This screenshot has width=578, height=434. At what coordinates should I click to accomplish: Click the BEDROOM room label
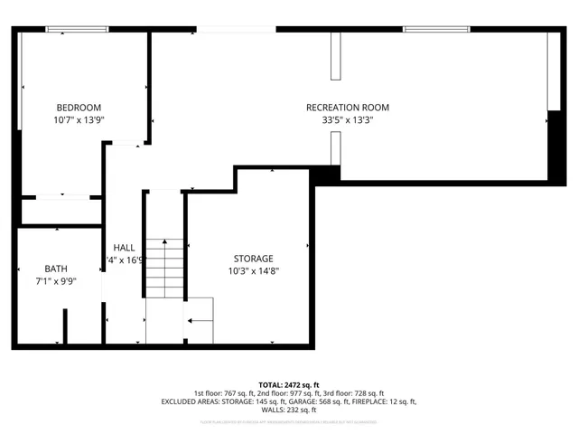pos(79,107)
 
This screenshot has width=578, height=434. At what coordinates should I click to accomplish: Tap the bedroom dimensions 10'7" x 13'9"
pos(79,119)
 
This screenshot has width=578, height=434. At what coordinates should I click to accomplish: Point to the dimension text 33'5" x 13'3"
pos(348,119)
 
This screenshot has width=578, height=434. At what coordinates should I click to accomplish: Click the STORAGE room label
pos(253,259)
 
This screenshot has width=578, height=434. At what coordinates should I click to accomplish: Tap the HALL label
pos(124,248)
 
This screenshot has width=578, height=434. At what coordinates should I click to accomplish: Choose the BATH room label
pos(55,269)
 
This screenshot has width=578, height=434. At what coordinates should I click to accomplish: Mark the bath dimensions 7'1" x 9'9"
pos(55,281)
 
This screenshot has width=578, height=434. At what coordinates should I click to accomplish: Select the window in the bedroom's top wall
pos(71,29)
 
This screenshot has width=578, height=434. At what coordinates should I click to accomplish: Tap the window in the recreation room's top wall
pos(430,29)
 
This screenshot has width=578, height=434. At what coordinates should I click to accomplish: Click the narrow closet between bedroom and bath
pos(61,211)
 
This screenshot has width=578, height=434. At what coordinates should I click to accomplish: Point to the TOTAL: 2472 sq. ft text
pos(289,384)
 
